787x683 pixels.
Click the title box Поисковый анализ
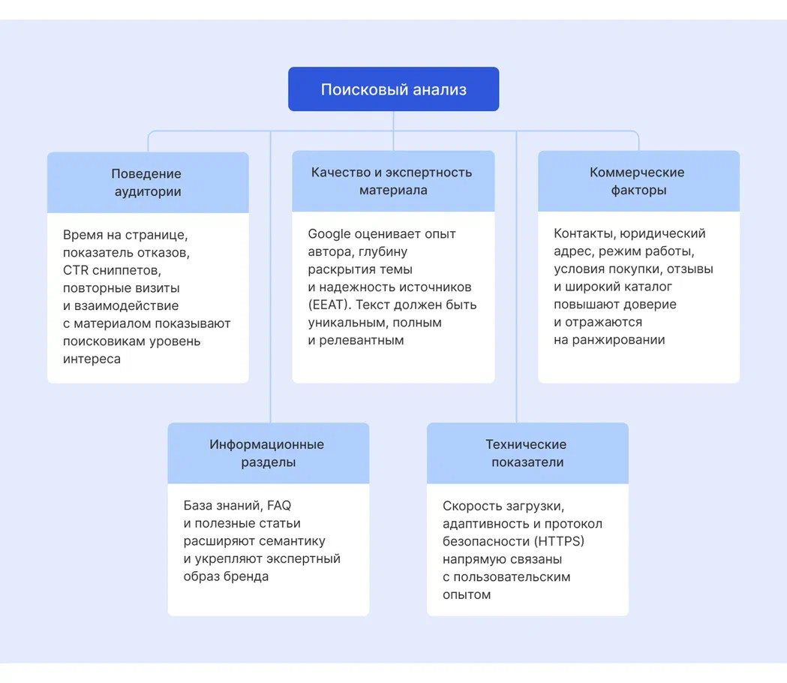[x=393, y=89]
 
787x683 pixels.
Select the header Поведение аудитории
[x=148, y=182]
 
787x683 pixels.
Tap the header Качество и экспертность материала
[x=392, y=181]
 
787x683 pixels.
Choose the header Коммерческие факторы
[x=638, y=181]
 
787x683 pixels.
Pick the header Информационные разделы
[x=268, y=453]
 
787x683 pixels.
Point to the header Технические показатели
[x=527, y=453]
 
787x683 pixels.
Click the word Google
[x=329, y=234]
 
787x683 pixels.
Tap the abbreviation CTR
[x=76, y=270]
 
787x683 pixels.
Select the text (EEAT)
[x=328, y=305]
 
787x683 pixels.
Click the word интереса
[x=92, y=360]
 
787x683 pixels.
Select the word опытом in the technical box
[x=466, y=595]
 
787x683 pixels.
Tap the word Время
[x=83, y=234]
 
